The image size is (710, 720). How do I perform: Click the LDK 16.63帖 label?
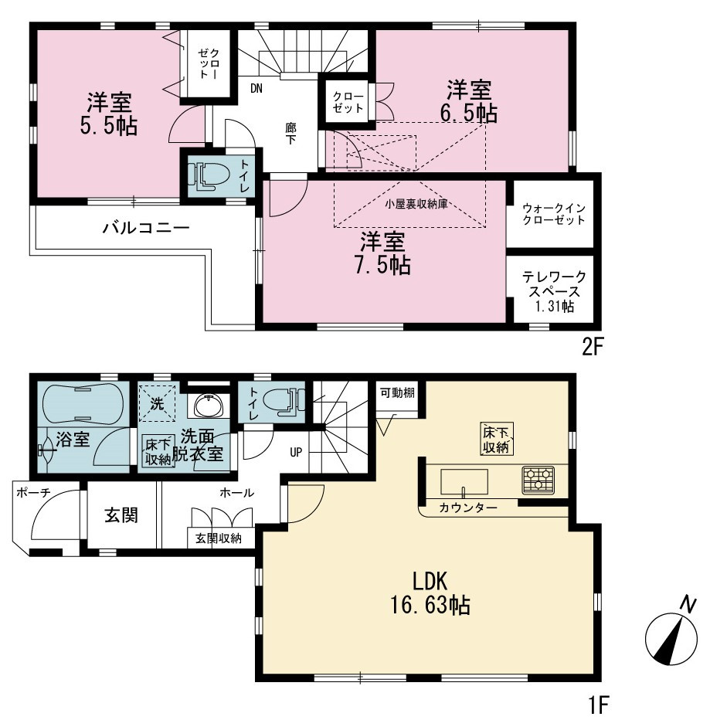[430, 593]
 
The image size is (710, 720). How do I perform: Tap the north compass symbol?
[671, 634]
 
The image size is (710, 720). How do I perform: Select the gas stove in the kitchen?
[538, 480]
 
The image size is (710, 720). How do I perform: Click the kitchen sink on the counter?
[464, 482]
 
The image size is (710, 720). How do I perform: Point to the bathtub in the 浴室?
[83, 404]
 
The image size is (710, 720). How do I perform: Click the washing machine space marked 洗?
[158, 403]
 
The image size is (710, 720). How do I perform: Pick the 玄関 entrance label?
[121, 515]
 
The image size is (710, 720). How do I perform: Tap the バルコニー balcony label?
[145, 228]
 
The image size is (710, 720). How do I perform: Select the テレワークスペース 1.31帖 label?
[554, 291]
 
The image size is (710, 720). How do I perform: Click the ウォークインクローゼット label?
[554, 214]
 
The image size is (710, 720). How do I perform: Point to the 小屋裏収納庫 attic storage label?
[416, 204]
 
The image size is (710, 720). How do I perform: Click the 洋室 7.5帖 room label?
[383, 253]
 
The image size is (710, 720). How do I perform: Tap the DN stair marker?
[256, 88]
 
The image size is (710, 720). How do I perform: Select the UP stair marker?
[296, 452]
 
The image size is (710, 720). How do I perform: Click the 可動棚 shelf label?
[397, 393]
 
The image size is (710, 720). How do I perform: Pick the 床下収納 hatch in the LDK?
[497, 439]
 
